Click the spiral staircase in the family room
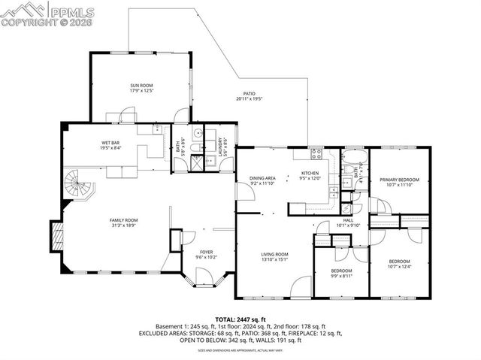pyautogui.click(x=78, y=185)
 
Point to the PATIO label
pyautogui.click(x=250, y=95)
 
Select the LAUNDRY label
pyautogui.click(x=220, y=144)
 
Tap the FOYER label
pyautogui.click(x=206, y=252)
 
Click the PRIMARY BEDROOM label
pyautogui.click(x=399, y=180)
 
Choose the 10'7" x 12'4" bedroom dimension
pyautogui.click(x=399, y=266)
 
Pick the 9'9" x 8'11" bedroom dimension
pyautogui.click(x=341, y=276)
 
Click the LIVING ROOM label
pyautogui.click(x=275, y=255)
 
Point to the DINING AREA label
pyautogui.click(x=263, y=178)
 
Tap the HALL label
pyautogui.click(x=348, y=220)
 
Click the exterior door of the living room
pyautogui.click(x=301, y=286)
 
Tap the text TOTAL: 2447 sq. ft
pyautogui.click(x=240, y=319)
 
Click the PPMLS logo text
pyautogui.click(x=72, y=10)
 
